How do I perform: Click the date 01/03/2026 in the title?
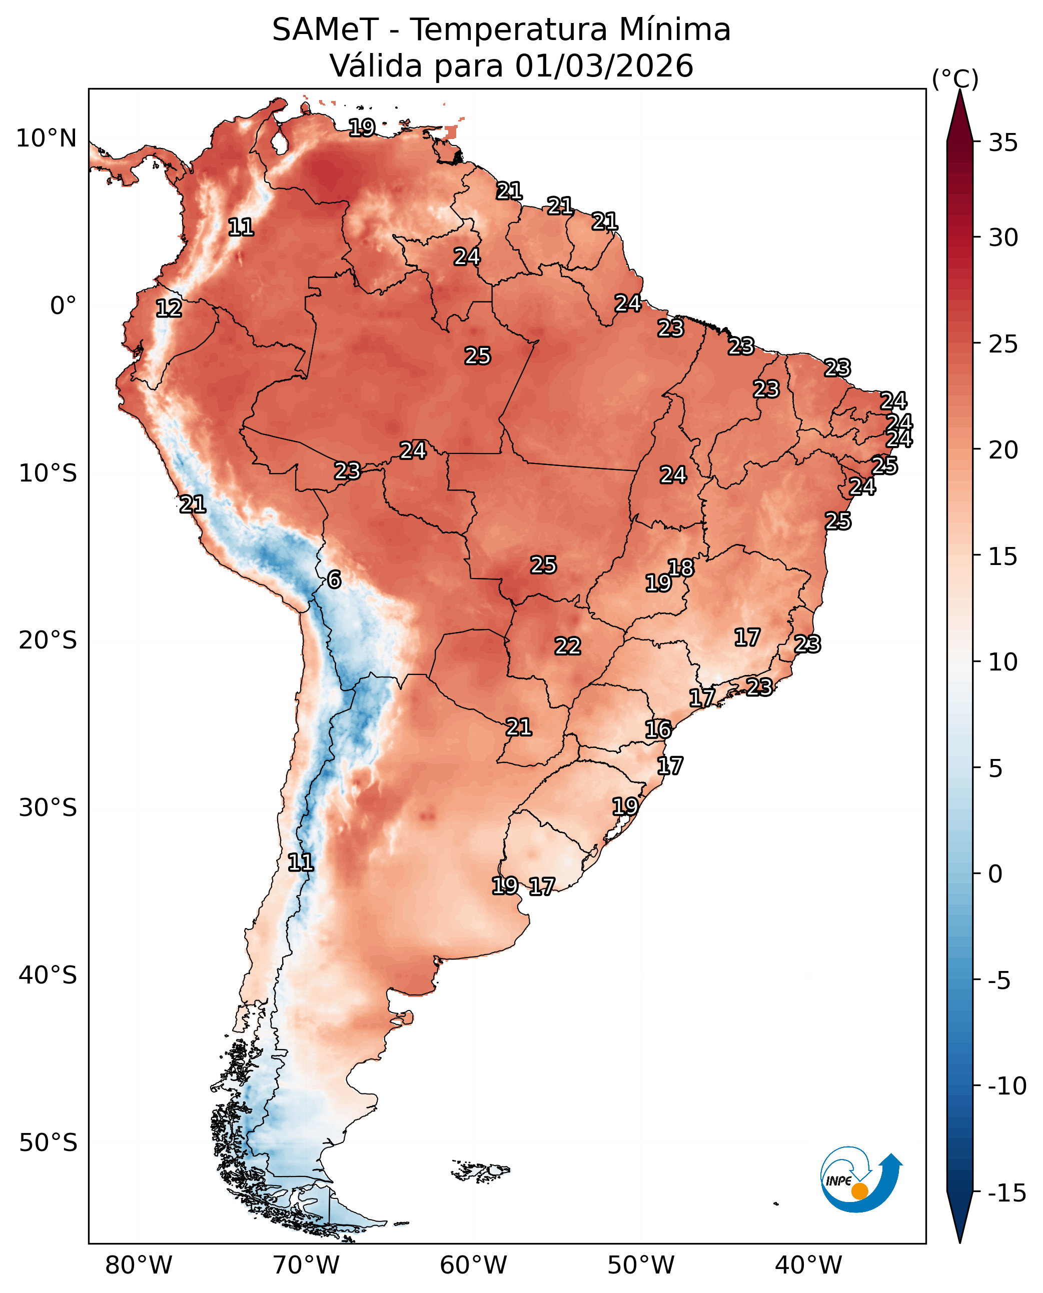[604, 66]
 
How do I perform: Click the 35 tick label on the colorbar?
[1003, 143]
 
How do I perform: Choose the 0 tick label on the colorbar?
[995, 874]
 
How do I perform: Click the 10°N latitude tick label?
[46, 138]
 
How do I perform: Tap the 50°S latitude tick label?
[48, 1143]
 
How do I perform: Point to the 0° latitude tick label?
[63, 305]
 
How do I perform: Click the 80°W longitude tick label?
[139, 1265]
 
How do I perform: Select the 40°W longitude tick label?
[808, 1265]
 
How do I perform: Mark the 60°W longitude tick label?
[473, 1265]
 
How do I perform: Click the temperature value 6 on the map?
[334, 579]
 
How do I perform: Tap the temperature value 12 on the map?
[169, 308]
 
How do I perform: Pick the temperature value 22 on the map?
[567, 646]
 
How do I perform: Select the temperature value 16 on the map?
[658, 729]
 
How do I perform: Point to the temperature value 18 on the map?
[681, 567]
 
